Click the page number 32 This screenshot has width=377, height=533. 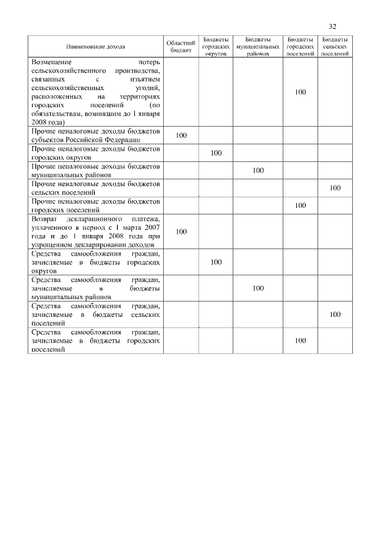point(333,27)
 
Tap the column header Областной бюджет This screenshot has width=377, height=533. point(181,46)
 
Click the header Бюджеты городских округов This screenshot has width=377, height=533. point(216,45)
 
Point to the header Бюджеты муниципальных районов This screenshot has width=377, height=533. point(257,45)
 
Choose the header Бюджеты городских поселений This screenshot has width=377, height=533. point(300,45)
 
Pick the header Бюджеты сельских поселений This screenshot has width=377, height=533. point(335,45)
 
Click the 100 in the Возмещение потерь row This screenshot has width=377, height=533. point(300,92)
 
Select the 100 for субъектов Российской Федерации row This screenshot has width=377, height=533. point(181,135)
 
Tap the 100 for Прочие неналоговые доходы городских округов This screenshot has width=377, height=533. point(216,153)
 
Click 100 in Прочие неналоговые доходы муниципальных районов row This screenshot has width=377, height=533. point(257,170)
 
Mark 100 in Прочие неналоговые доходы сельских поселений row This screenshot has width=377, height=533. point(335,188)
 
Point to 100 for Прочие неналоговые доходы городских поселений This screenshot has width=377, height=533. point(300,206)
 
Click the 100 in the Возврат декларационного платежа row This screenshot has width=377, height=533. point(181,231)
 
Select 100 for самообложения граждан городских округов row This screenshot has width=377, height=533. point(216,262)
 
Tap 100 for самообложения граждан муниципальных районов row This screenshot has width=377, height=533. point(257,288)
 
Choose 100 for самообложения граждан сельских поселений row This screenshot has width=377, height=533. point(335,314)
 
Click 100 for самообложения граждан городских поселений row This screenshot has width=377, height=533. point(300,340)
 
